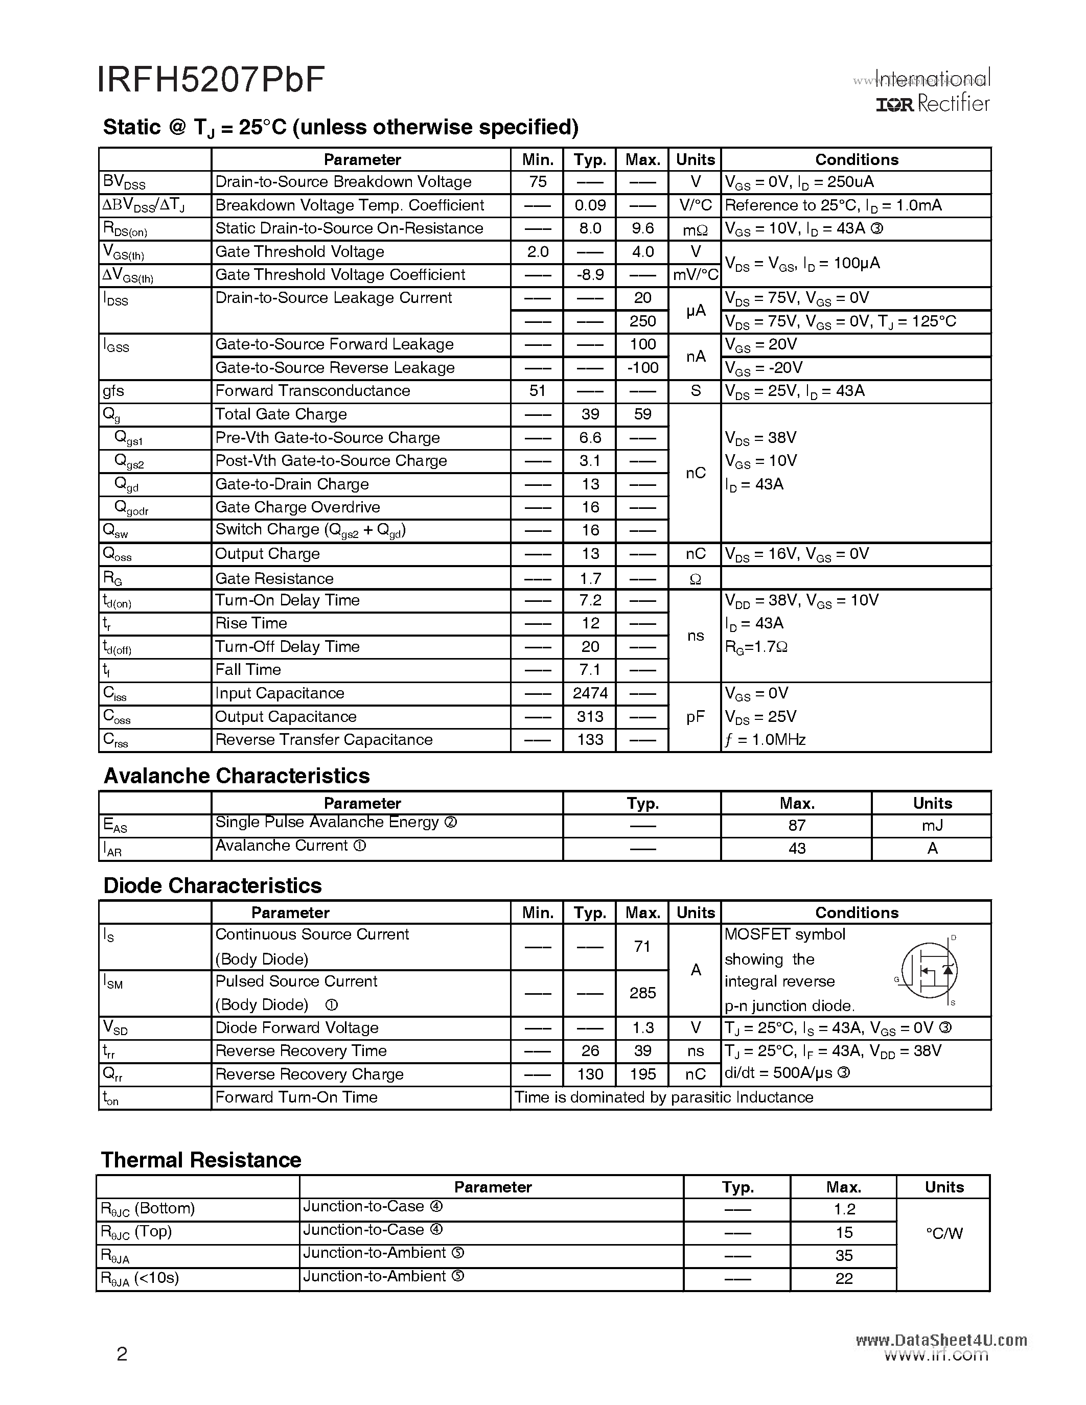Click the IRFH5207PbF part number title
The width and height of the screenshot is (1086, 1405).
pos(211,80)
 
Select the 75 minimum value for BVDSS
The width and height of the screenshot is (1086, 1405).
pos(537,182)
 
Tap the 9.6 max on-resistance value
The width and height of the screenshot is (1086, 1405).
pos(642,228)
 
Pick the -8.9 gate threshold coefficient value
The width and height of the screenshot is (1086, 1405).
pos(589,275)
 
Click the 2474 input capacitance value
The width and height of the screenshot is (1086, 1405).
pos(589,693)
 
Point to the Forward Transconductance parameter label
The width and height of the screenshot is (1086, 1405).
pos(312,391)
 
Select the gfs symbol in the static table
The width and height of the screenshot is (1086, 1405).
pos(113,391)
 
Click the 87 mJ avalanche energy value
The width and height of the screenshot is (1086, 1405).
pos(797,825)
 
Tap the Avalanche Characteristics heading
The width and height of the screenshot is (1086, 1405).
pos(236,776)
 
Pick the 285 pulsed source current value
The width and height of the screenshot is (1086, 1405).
pos(642,993)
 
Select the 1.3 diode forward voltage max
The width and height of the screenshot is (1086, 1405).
pos(642,1028)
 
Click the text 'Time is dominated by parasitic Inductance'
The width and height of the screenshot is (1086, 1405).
pos(664,1097)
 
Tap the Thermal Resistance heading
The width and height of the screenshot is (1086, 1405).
pos(201,1160)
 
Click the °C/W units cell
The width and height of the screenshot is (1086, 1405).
pos(944,1234)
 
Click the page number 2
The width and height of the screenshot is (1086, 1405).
pos(122,1354)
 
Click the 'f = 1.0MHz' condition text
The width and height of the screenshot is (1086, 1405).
pos(765,740)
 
